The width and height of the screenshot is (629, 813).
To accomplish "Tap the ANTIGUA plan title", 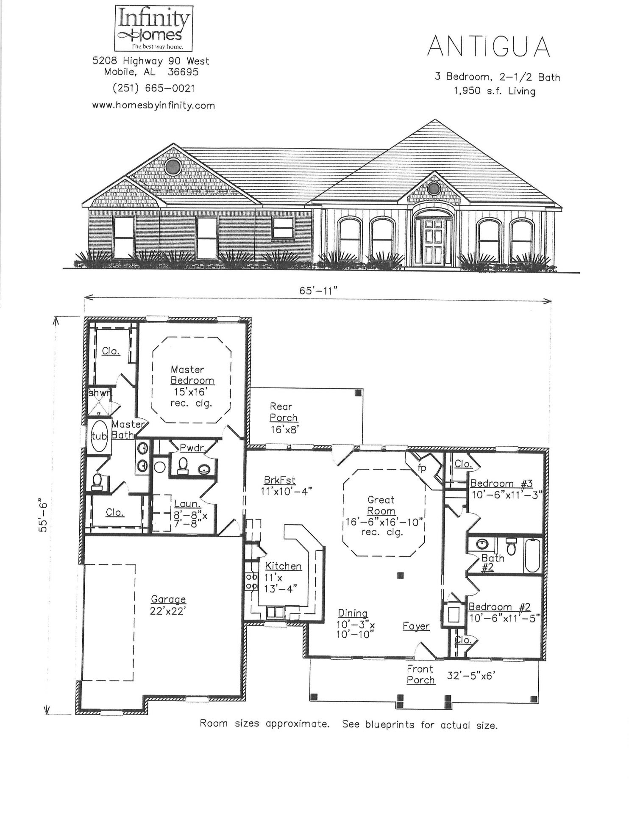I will pyautogui.click(x=488, y=47).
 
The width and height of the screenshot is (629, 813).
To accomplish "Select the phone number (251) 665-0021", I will pyautogui.click(x=153, y=88).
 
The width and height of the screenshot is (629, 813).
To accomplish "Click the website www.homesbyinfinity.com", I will pyautogui.click(x=153, y=105).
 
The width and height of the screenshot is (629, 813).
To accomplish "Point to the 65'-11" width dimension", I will pyautogui.click(x=318, y=290).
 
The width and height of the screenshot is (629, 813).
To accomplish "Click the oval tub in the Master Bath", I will pyautogui.click(x=100, y=436).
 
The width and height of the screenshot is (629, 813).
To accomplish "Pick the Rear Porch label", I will pyautogui.click(x=284, y=412).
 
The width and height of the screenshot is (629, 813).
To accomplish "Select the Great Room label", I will pyautogui.click(x=381, y=505).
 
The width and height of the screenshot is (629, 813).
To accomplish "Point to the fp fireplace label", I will pyautogui.click(x=422, y=468).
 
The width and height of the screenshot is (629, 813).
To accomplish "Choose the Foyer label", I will pyautogui.click(x=416, y=626).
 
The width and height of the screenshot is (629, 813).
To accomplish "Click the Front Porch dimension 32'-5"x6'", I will pyautogui.click(x=471, y=676).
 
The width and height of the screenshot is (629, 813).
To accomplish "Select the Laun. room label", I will pyautogui.click(x=187, y=504).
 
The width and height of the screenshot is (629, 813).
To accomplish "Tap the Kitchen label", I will pyautogui.click(x=283, y=566).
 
